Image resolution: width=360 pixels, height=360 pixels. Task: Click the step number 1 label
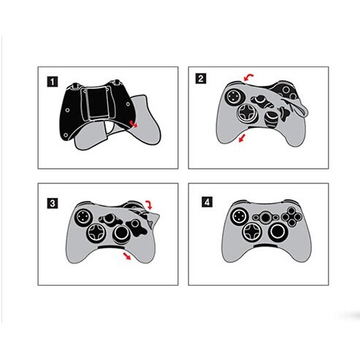(53, 82)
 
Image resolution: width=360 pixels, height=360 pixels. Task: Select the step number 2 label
(201, 79)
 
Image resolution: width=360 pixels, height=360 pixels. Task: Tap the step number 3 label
(53, 203)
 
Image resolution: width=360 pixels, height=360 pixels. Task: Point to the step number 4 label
(207, 202)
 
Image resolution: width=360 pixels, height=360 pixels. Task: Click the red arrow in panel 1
(134, 124)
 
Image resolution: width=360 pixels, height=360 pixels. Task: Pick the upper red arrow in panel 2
(248, 77)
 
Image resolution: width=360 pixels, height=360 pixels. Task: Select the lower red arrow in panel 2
(242, 138)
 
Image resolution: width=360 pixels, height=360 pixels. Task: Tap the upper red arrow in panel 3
(149, 204)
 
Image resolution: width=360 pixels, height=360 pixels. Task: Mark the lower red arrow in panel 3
(127, 256)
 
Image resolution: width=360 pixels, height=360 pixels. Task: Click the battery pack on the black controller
(97, 103)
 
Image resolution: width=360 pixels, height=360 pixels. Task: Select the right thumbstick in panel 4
(277, 231)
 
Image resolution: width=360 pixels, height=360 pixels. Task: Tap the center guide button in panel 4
(265, 218)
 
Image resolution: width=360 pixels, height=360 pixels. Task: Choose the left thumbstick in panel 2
(233, 96)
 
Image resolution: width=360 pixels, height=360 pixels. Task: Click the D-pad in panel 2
(245, 112)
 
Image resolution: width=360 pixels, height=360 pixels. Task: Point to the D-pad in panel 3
(96, 233)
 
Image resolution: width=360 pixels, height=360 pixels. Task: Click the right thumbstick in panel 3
(121, 234)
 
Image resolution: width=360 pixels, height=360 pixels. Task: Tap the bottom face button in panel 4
(291, 222)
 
